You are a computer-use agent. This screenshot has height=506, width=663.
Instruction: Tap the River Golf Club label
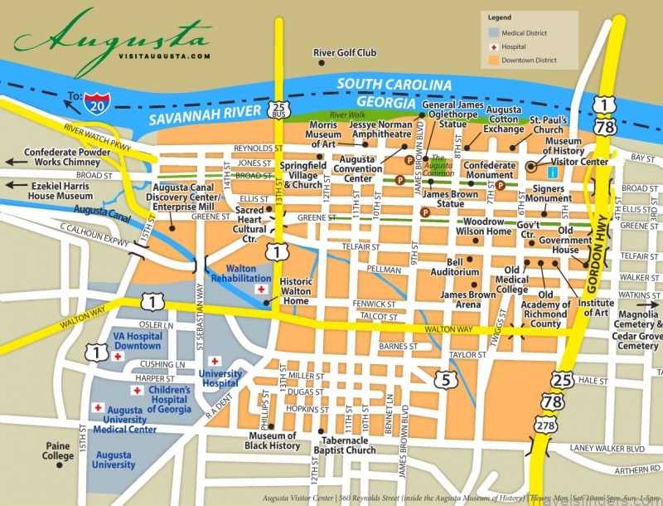(x=344, y=53)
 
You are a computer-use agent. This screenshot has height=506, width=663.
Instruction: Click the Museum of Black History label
(x=273, y=440)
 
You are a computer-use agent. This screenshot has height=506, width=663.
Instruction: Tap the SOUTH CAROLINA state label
(x=394, y=85)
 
